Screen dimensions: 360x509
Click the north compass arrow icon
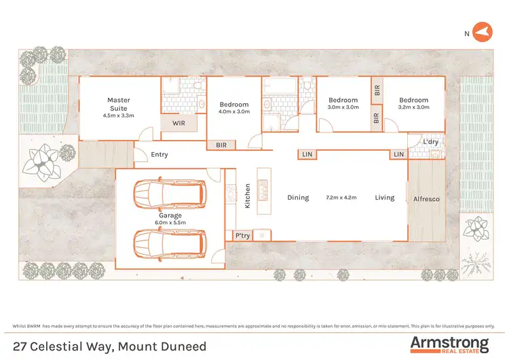(482, 31)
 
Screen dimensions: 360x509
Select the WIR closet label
(179, 123)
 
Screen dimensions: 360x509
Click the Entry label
(159, 155)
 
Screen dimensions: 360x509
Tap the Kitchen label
(248, 196)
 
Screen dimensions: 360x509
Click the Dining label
(298, 198)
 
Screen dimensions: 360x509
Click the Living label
(385, 198)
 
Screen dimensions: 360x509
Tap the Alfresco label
(427, 199)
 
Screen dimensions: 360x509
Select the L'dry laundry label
(430, 141)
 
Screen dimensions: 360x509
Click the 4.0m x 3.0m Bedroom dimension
(235, 111)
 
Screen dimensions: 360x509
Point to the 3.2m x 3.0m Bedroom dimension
(414, 107)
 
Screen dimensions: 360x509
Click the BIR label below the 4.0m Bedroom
(221, 145)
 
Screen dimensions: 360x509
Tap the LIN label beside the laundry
(398, 155)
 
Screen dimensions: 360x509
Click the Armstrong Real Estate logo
(449, 344)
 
